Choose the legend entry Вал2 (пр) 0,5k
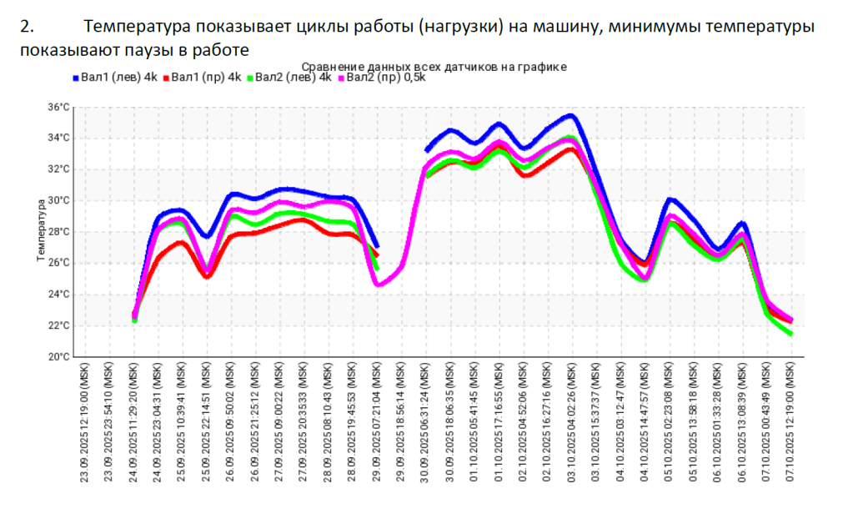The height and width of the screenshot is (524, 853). pyautogui.click(x=384, y=78)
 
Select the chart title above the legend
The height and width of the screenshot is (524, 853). pyautogui.click(x=434, y=66)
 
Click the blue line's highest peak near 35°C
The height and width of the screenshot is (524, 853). pyautogui.click(x=570, y=115)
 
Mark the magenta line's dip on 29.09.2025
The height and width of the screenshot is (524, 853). pyautogui.click(x=379, y=285)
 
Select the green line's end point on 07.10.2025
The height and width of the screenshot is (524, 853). pyautogui.click(x=790, y=334)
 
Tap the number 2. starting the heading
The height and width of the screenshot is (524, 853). pyautogui.click(x=27, y=27)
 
